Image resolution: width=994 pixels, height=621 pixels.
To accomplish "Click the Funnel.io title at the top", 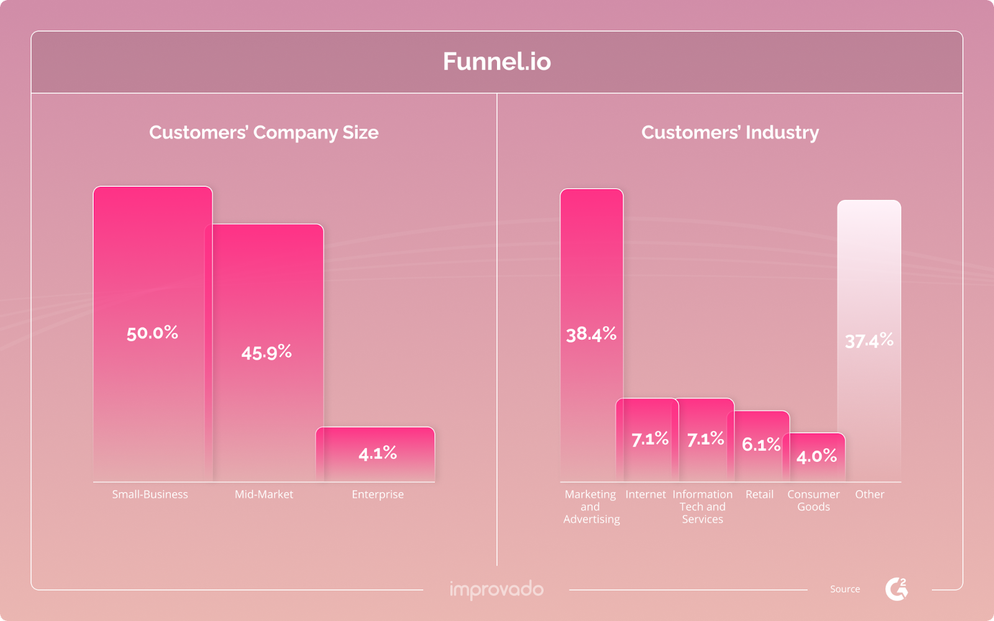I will [x=496, y=61].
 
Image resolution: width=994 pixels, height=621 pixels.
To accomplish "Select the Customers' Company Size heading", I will [x=263, y=132].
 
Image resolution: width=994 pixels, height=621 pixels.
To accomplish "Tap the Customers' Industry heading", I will [x=730, y=132].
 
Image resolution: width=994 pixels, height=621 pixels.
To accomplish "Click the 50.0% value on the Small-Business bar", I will [x=152, y=333].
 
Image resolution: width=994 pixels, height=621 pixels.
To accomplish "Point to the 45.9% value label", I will [x=267, y=353].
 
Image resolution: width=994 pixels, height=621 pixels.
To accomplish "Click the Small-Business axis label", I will [x=150, y=494].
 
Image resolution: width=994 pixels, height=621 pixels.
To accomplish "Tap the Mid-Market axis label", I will [x=264, y=494].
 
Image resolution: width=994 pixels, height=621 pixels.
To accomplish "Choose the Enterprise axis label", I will [x=378, y=494].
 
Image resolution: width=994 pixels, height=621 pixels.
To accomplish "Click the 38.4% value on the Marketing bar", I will [x=591, y=335].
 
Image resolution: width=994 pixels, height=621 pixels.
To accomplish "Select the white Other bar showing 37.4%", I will [x=869, y=340].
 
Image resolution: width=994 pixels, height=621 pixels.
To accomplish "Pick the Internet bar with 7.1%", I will [x=649, y=440].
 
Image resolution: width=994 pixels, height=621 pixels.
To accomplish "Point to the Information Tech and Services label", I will [x=703, y=507].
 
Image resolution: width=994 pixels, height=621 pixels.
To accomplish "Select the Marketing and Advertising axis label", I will [x=591, y=507].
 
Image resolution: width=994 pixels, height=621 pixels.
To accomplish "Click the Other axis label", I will [x=869, y=494].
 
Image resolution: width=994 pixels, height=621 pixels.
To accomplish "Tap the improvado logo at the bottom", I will [x=496, y=589].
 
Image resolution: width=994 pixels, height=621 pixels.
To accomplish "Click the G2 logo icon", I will [x=896, y=589].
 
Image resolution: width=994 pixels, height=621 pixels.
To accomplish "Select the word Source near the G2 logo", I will [x=845, y=589].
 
